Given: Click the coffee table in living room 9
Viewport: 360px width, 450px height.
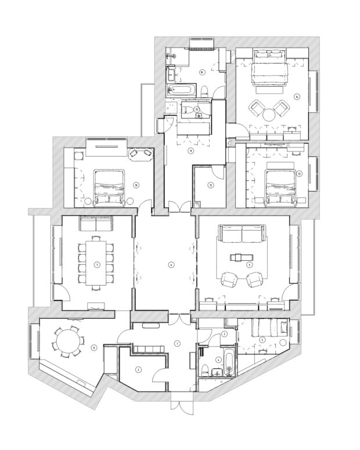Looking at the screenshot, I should click(240, 256).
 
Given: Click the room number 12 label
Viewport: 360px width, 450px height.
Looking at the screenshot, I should click(211, 185).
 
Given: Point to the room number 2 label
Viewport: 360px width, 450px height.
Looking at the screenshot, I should click(138, 369).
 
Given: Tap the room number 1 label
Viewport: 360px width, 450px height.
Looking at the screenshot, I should click(177, 343).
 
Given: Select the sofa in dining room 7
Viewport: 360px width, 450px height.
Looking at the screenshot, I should click(96, 225).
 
